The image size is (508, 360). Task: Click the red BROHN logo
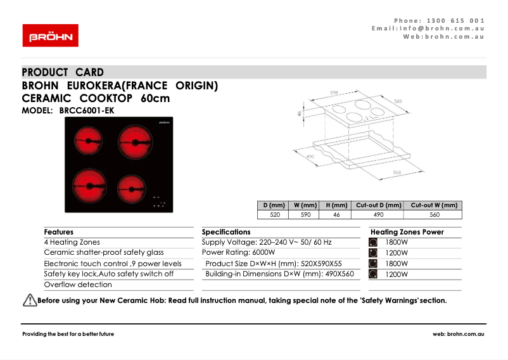[x=51, y=35]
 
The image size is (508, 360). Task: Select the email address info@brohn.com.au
[x=437, y=29]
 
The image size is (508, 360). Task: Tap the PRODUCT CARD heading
[x=63, y=72]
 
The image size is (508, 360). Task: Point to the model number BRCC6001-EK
[x=87, y=110]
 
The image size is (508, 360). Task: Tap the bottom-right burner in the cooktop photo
[x=131, y=188]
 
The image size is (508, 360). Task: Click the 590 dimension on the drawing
[x=342, y=93]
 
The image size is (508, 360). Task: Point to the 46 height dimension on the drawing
[x=299, y=114]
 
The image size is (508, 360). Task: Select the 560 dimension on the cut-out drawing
[x=397, y=172]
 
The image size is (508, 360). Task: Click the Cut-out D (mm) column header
[x=379, y=205]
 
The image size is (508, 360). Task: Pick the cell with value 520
[x=275, y=215]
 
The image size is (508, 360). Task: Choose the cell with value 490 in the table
[x=379, y=215]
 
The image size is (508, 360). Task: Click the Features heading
[x=59, y=232]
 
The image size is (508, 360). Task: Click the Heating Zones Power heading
[x=407, y=232]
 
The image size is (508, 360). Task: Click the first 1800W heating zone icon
[x=373, y=242]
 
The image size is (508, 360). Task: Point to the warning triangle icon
[x=29, y=300]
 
